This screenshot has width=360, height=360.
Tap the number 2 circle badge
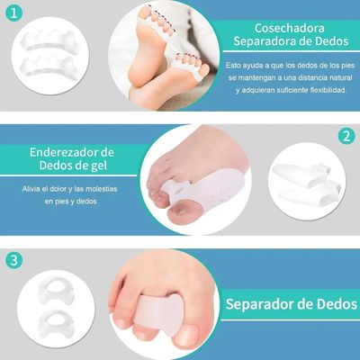344,137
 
